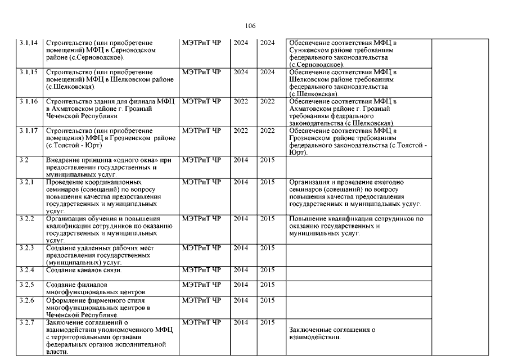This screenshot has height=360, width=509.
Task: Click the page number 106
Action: [x=250, y=26]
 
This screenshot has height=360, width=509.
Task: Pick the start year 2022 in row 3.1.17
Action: [x=241, y=130]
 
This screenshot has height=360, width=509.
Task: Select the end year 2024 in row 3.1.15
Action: [x=267, y=72]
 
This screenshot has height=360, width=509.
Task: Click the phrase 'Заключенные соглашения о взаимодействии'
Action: [x=331, y=333]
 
